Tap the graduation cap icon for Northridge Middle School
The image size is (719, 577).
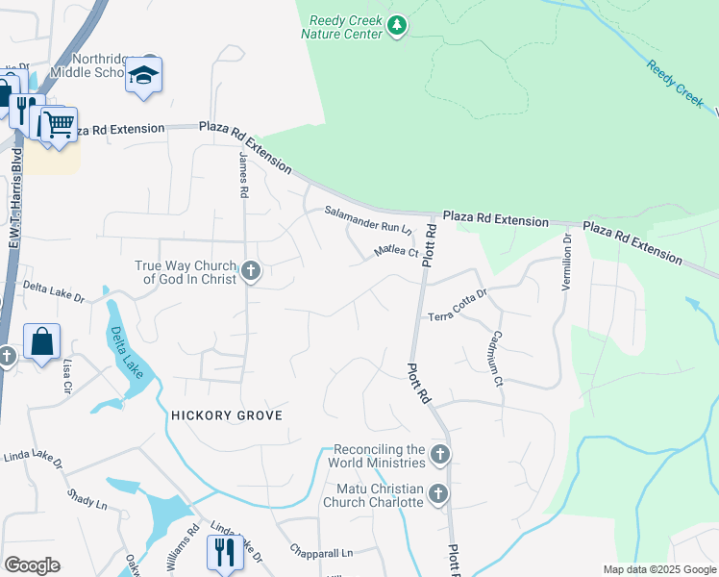point(143,76)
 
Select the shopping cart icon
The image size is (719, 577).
point(58,123)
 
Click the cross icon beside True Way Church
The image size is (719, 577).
point(251,271)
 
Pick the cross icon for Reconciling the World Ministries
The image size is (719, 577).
point(439,454)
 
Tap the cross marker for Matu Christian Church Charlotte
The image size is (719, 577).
point(438,494)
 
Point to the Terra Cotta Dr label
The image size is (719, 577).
point(458,305)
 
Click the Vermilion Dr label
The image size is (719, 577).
point(567,263)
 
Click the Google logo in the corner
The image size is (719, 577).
point(32,564)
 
